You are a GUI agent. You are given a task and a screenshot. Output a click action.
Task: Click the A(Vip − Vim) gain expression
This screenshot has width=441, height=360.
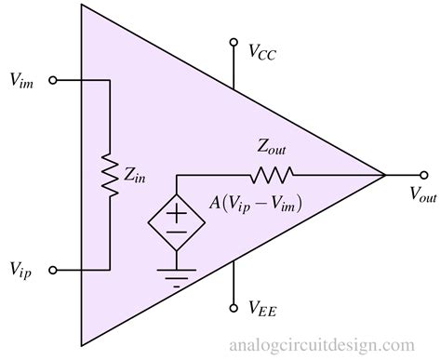pos(254,201)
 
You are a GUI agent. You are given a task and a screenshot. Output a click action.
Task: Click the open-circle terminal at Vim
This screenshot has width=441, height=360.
pos(52,81)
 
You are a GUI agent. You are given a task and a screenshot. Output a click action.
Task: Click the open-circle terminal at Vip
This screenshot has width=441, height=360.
pos(52,271)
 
